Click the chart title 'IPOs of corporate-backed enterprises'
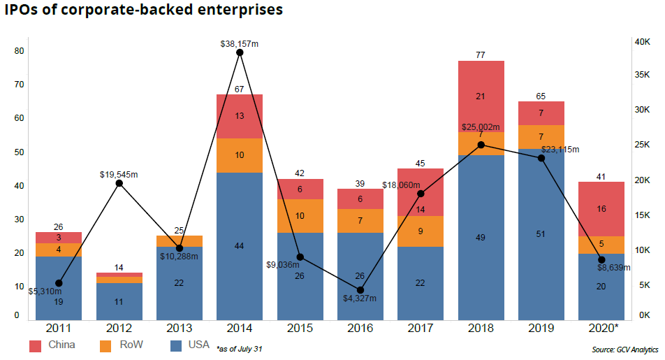click(x=143, y=10)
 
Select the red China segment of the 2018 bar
click(x=481, y=96)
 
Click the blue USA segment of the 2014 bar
click(x=240, y=245)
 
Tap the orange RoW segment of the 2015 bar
click(x=300, y=216)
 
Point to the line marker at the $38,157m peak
click(x=240, y=52)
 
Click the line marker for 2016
click(x=360, y=289)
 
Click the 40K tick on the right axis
click(x=643, y=42)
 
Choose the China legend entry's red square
click(x=36, y=345)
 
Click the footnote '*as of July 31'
click(x=240, y=348)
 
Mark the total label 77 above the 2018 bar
click(x=481, y=53)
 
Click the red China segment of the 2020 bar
click(x=601, y=209)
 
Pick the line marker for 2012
click(x=119, y=183)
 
